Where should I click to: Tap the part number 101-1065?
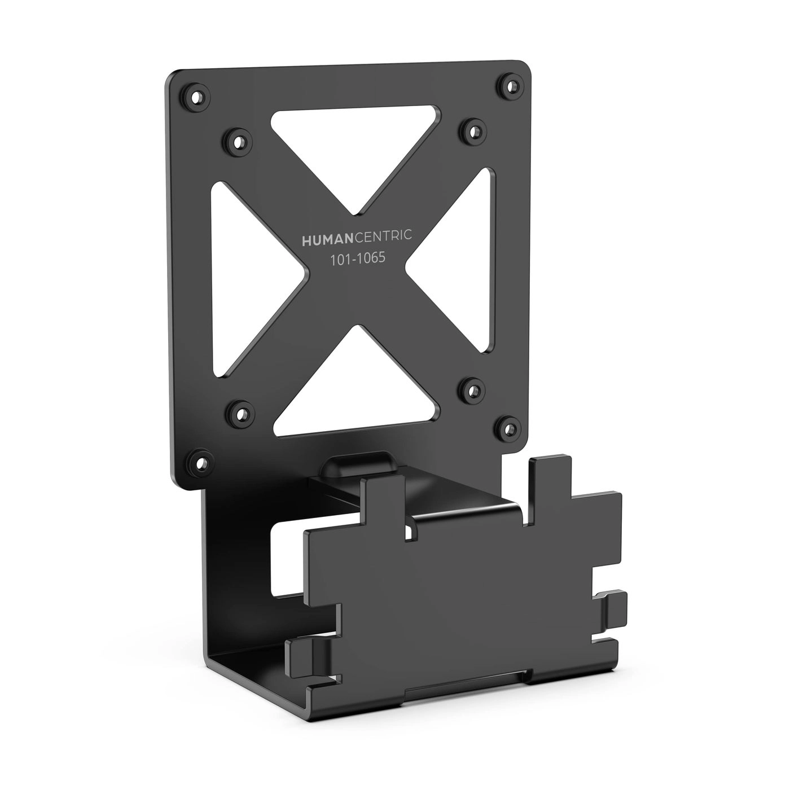[x=357, y=258]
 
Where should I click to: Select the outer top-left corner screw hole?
[x=196, y=96]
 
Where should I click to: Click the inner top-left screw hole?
[x=238, y=138]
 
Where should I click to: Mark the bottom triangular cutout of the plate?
[x=355, y=395]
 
